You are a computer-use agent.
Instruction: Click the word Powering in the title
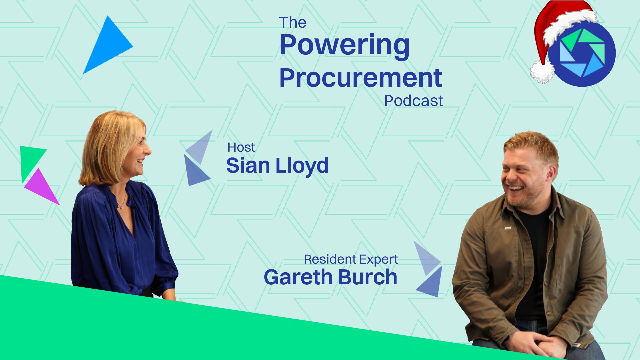(x=344, y=46)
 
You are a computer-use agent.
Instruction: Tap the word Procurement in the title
(x=361, y=78)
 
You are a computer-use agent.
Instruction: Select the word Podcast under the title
(x=414, y=101)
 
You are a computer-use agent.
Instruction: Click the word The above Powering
(x=293, y=23)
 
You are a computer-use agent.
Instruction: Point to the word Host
(x=241, y=147)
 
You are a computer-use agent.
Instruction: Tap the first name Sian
(x=248, y=166)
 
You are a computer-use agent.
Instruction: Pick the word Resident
(x=330, y=259)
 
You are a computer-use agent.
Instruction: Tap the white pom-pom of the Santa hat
(x=542, y=72)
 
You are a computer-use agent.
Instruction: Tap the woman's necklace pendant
(x=122, y=207)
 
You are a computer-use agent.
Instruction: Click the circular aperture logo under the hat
(x=582, y=53)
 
